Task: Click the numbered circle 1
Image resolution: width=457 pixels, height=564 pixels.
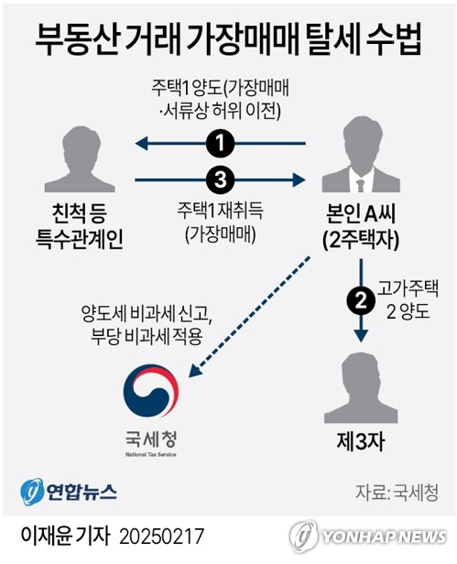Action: point(220,144)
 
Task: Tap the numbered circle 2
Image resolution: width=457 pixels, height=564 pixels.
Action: point(361,301)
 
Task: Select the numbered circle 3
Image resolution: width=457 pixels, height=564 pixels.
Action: point(220,179)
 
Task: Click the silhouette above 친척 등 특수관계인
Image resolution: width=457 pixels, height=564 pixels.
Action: point(80,159)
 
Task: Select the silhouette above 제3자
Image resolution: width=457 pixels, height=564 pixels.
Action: point(361,388)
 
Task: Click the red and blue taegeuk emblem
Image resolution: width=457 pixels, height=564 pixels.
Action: point(151,391)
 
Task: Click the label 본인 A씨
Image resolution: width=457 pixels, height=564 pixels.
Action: point(361,213)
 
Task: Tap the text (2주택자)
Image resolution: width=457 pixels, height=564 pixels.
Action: point(361,240)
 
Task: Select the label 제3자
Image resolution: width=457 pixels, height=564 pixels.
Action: point(361,441)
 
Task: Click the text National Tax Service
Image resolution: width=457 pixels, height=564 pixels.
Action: point(151,454)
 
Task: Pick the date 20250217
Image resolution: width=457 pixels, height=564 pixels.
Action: point(161,537)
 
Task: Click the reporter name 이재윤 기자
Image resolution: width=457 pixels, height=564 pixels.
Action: point(65,537)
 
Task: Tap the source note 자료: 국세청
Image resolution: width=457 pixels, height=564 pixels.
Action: point(397,493)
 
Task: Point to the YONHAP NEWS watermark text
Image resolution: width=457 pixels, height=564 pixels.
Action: point(384,537)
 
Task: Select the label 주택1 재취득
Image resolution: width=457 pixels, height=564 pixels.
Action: point(220,211)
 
